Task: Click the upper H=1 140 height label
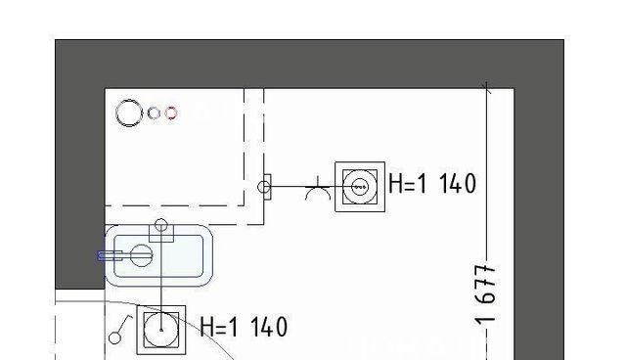tap(432, 184)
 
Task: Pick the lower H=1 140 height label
tap(244, 327)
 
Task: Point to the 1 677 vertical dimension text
tap(486, 294)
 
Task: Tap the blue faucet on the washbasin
tap(110, 256)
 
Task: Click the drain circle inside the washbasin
tap(141, 255)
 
